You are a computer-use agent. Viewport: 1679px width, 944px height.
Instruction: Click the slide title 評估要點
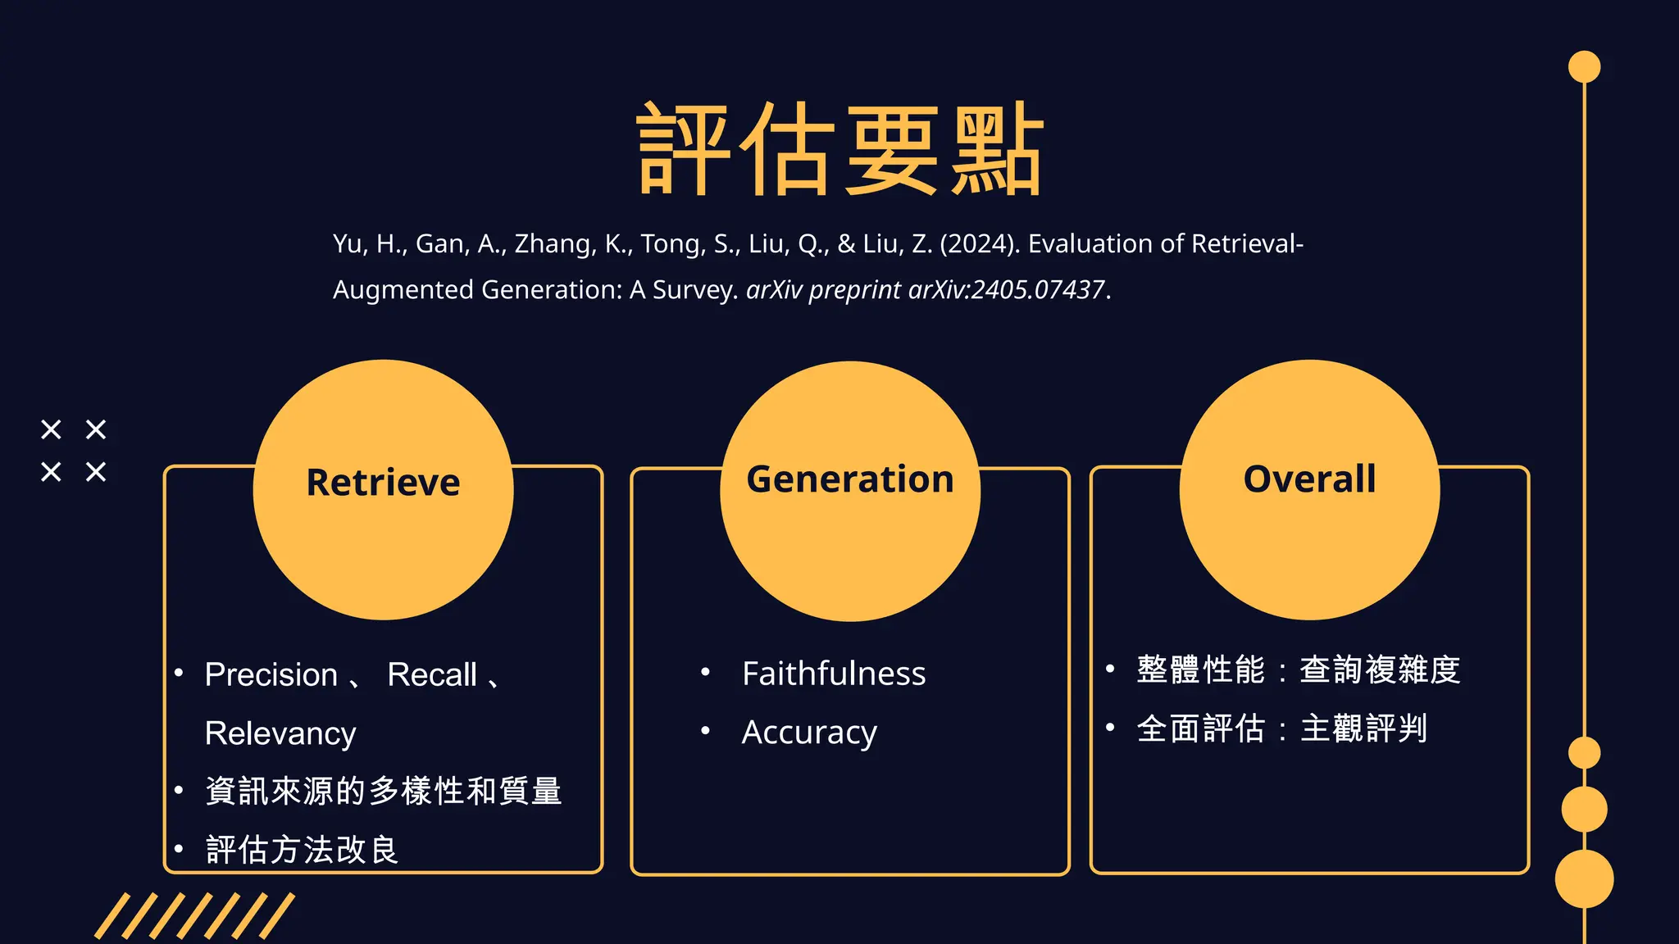[x=839, y=150]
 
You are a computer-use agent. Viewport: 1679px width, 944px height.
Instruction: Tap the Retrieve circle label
[x=383, y=482]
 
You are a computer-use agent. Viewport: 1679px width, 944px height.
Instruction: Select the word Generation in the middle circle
[x=850, y=479]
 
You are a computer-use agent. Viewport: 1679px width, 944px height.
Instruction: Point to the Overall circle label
[x=1309, y=479]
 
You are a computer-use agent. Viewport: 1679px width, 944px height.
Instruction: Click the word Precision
[x=271, y=674]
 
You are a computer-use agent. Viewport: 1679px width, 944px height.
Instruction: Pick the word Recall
[x=432, y=674]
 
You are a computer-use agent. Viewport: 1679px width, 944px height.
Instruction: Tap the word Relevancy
[x=280, y=733]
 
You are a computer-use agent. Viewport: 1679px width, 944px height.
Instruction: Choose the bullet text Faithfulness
[x=834, y=674]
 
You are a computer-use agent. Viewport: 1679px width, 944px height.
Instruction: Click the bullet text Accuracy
[x=809, y=732]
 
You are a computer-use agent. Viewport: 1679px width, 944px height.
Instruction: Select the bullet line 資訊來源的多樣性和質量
[x=384, y=791]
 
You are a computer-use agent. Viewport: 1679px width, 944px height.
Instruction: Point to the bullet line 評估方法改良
[x=302, y=850]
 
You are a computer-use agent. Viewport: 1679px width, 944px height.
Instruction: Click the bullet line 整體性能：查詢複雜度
[x=1299, y=669]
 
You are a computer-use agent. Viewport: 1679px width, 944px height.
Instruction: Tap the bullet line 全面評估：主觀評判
[x=1282, y=728]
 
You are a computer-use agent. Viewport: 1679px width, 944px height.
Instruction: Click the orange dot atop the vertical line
[x=1584, y=67]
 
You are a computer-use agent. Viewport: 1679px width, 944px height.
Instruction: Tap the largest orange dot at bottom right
[x=1584, y=878]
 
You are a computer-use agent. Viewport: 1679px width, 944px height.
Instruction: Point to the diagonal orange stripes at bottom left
[x=194, y=916]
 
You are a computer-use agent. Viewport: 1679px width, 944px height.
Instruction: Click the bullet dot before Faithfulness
[x=705, y=673]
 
